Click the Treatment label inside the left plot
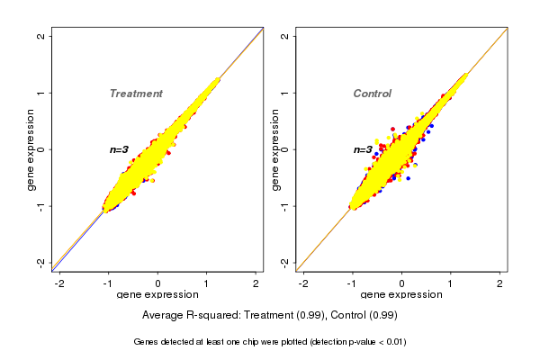(x=136, y=94)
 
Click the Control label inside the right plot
(x=372, y=94)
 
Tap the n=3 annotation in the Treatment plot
(x=120, y=149)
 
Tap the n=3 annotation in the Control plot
(x=363, y=149)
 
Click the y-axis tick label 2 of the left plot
(x=41, y=36)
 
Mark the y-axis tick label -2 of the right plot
(x=285, y=262)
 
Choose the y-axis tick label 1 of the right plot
(x=285, y=93)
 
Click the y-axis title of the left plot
(x=32, y=149)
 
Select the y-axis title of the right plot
(x=275, y=149)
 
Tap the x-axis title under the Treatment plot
(x=157, y=295)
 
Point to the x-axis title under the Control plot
(x=401, y=295)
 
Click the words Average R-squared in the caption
(x=185, y=315)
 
